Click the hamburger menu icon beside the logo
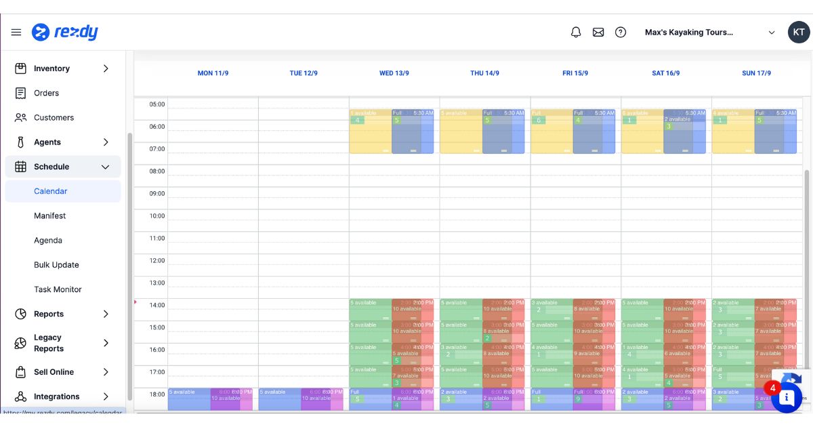click(x=16, y=33)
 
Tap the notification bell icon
click(x=576, y=33)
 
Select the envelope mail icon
click(x=598, y=33)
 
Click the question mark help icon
click(x=621, y=33)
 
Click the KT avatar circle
click(x=799, y=33)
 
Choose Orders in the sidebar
click(x=46, y=93)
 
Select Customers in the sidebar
click(x=54, y=117)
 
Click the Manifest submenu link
click(x=50, y=216)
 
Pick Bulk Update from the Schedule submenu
click(x=56, y=265)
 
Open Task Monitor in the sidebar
click(x=58, y=289)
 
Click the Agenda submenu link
click(x=48, y=241)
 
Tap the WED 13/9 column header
click(x=394, y=73)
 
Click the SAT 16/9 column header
click(x=665, y=73)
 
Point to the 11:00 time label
click(x=157, y=238)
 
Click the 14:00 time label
click(x=157, y=305)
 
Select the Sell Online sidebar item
click(x=54, y=372)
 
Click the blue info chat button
click(x=787, y=398)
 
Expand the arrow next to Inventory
click(x=106, y=68)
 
